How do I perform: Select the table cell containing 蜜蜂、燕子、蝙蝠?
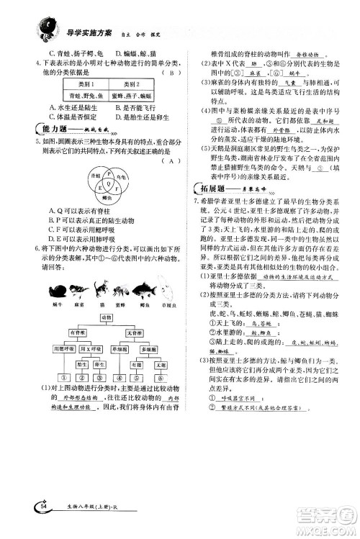(138, 96)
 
